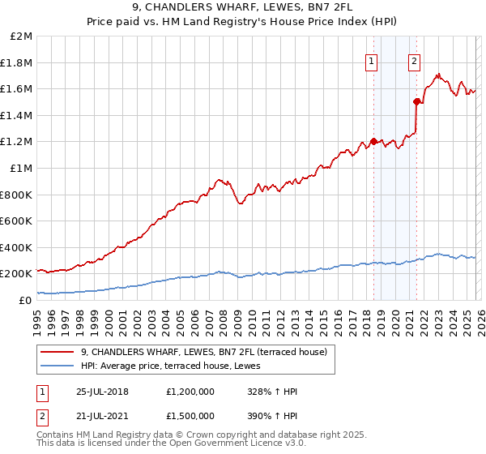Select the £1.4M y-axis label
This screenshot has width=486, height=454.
(x=16, y=116)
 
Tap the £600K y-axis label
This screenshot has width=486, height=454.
(x=16, y=221)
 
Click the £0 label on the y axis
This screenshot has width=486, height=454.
(x=24, y=300)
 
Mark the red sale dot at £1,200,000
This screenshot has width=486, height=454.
(x=373, y=142)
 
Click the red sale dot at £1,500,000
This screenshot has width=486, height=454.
(x=416, y=102)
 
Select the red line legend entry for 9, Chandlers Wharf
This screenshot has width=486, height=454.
(x=203, y=352)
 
